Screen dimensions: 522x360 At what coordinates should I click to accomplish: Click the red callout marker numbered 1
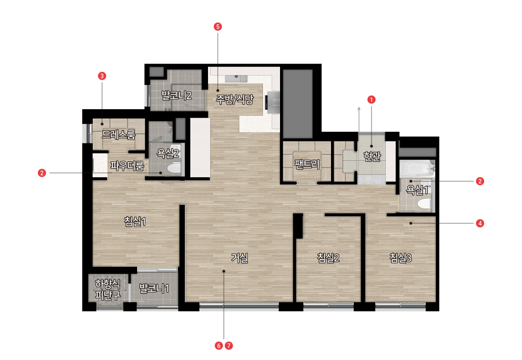pyautogui.click(x=371, y=99)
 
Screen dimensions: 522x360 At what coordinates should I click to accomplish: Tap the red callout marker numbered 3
pyautogui.click(x=102, y=76)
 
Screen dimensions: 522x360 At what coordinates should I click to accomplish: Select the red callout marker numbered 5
pyautogui.click(x=218, y=26)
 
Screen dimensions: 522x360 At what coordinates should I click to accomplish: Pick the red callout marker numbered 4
pyautogui.click(x=480, y=223)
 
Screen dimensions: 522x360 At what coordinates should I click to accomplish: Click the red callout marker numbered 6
pyautogui.click(x=218, y=346)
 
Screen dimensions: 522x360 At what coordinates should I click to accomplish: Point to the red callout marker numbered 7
pyautogui.click(x=229, y=346)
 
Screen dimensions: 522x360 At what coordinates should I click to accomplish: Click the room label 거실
pyautogui.click(x=240, y=258)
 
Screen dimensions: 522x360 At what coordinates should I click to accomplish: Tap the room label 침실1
pyautogui.click(x=135, y=221)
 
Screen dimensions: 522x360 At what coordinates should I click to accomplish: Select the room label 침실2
pyautogui.click(x=328, y=258)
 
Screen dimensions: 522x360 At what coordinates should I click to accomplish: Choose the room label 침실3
pyautogui.click(x=401, y=258)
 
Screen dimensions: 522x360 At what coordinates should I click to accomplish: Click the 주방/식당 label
pyautogui.click(x=235, y=99)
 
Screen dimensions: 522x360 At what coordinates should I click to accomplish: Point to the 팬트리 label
pyautogui.click(x=307, y=164)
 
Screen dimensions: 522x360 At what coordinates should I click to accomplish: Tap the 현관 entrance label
pyautogui.click(x=372, y=156)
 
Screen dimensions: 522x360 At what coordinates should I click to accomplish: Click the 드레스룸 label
pyautogui.click(x=119, y=135)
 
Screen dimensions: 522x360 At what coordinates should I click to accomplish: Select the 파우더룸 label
pyautogui.click(x=127, y=165)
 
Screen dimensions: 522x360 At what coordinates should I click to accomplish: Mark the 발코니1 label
pyautogui.click(x=154, y=288)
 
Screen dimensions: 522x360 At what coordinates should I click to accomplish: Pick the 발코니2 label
pyautogui.click(x=176, y=95)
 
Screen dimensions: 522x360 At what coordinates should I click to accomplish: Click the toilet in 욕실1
pyautogui.click(x=424, y=204)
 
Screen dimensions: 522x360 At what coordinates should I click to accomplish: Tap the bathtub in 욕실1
pyautogui.click(x=417, y=168)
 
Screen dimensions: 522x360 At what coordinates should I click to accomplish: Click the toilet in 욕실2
pyautogui.click(x=173, y=168)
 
